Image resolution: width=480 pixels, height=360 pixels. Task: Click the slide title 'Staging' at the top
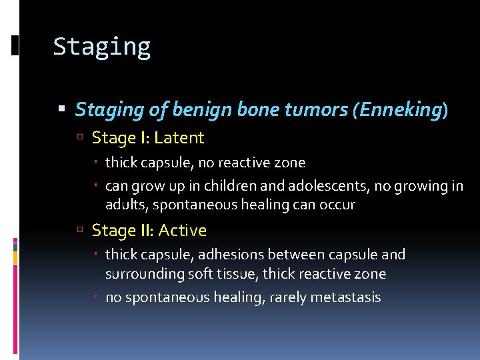[x=102, y=47]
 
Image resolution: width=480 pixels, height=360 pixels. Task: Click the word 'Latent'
[x=179, y=138]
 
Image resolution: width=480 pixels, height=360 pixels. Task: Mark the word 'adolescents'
[x=319, y=186]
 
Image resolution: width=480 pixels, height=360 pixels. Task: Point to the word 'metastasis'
[x=344, y=297]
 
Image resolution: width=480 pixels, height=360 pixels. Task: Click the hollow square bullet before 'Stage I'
[x=79, y=139]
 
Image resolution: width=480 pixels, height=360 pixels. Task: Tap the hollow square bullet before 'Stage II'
[x=79, y=231]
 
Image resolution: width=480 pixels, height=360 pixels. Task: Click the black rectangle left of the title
[x=15, y=45]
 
